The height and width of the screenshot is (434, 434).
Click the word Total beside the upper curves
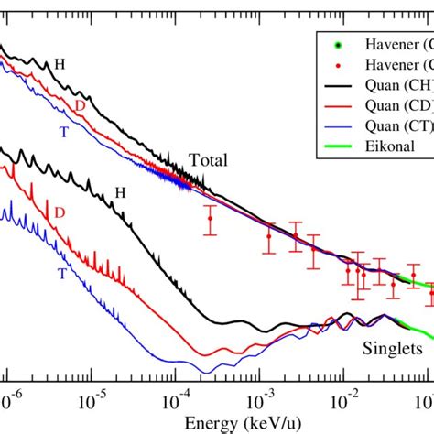(208, 161)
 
